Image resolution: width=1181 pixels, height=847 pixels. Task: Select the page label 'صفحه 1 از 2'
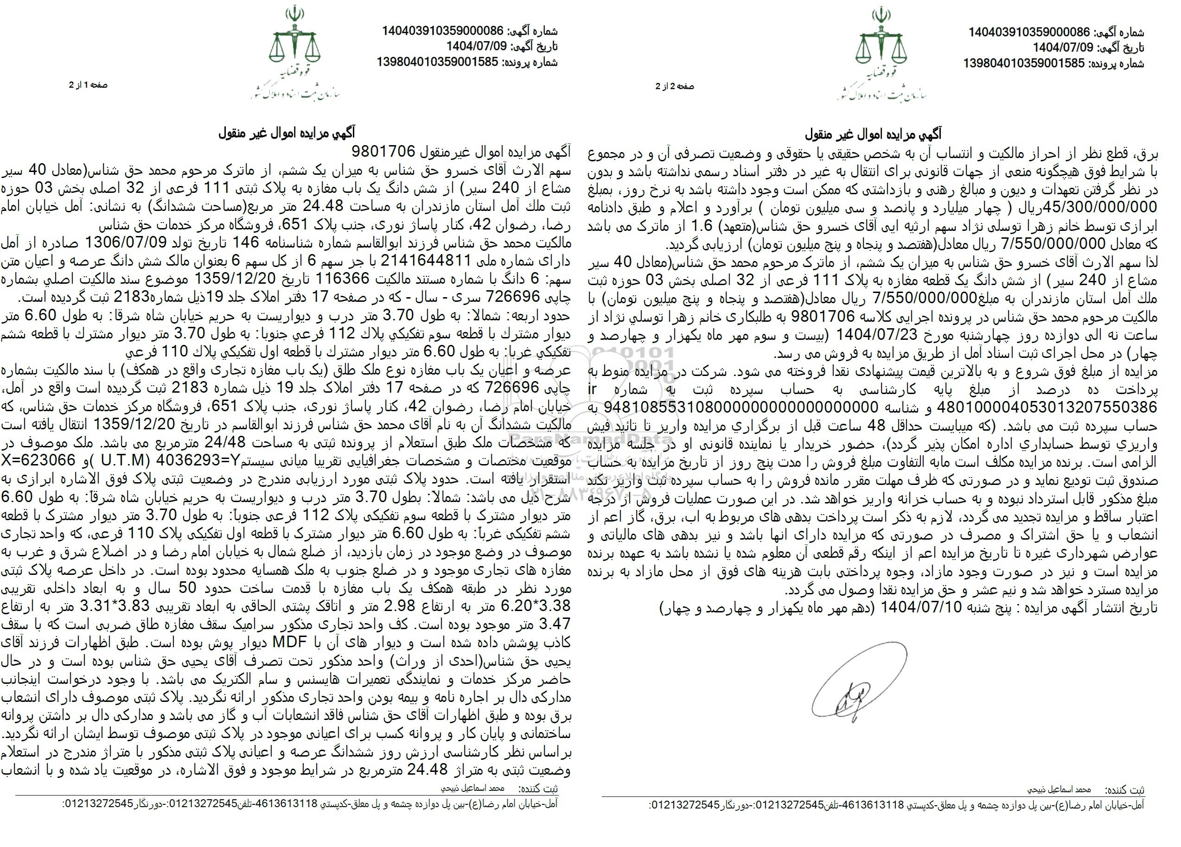pyautogui.click(x=88, y=85)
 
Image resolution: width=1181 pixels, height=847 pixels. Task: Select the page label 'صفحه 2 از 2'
pyautogui.click(x=675, y=86)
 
